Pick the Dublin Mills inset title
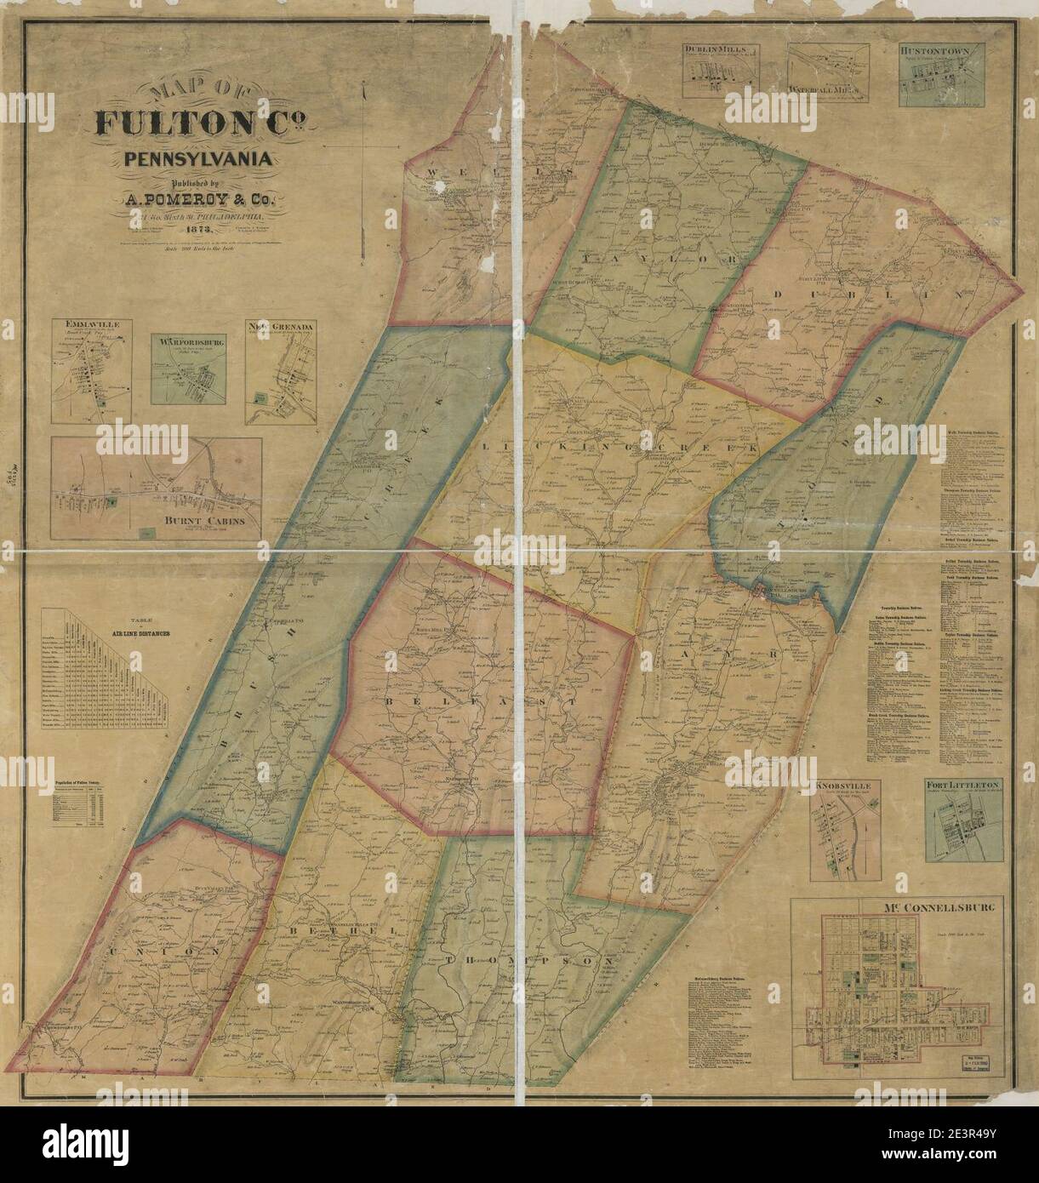coord(719,50)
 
